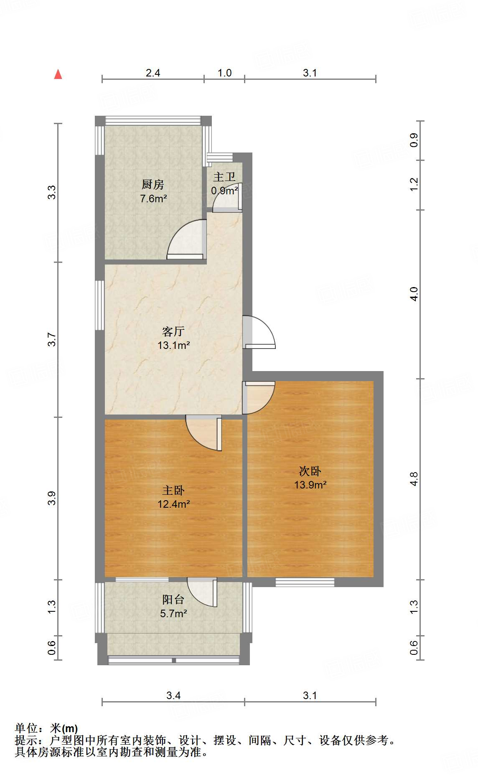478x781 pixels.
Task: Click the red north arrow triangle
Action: coord(58,74)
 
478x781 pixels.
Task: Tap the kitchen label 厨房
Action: coord(153,184)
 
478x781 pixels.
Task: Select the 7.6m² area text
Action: coord(153,198)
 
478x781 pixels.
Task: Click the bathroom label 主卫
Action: coord(224,177)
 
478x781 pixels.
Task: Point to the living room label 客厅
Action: coord(173,331)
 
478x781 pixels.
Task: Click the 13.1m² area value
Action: coord(173,345)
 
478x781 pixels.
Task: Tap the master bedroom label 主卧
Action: coord(173,490)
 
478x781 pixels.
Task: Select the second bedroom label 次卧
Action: coord(310,471)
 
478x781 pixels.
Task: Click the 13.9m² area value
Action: coord(310,485)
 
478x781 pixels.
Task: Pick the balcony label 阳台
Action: coord(173,600)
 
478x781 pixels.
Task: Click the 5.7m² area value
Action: coord(173,613)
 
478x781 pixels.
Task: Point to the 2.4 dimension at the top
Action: coord(153,73)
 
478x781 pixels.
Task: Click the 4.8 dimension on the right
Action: coord(414,479)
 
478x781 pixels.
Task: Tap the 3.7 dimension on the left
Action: coord(51,339)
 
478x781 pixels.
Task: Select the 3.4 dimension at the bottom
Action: coord(173,695)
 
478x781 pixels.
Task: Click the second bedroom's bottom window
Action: coord(305,582)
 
